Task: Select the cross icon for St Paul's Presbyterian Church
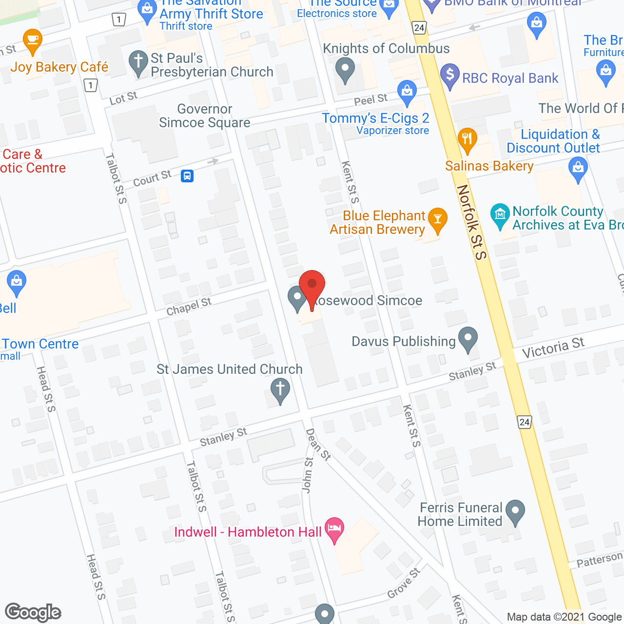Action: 138,62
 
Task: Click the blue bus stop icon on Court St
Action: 187,175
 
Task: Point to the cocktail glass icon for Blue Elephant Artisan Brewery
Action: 437,219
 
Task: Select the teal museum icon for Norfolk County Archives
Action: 500,215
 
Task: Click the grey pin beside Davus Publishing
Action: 468,338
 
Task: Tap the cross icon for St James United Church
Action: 280,390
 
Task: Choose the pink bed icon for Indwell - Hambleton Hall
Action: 334,529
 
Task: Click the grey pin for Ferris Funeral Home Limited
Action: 515,511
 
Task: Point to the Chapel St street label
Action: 189,307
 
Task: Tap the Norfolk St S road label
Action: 472,222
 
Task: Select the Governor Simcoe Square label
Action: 205,116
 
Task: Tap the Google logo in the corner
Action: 33,612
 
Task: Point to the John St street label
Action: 308,475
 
